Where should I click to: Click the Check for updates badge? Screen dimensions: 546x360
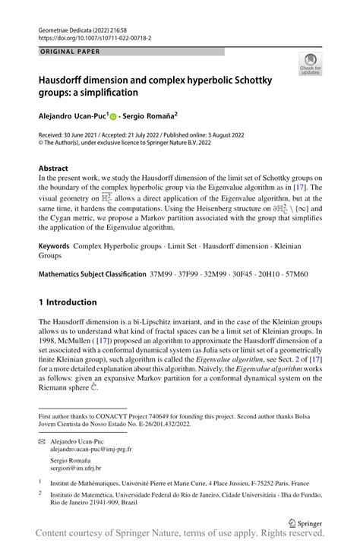click(310, 66)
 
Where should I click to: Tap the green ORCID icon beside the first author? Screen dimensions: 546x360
click(112, 117)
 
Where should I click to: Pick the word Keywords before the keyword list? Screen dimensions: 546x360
click(53, 226)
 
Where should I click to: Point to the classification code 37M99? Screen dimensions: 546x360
click(163, 252)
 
